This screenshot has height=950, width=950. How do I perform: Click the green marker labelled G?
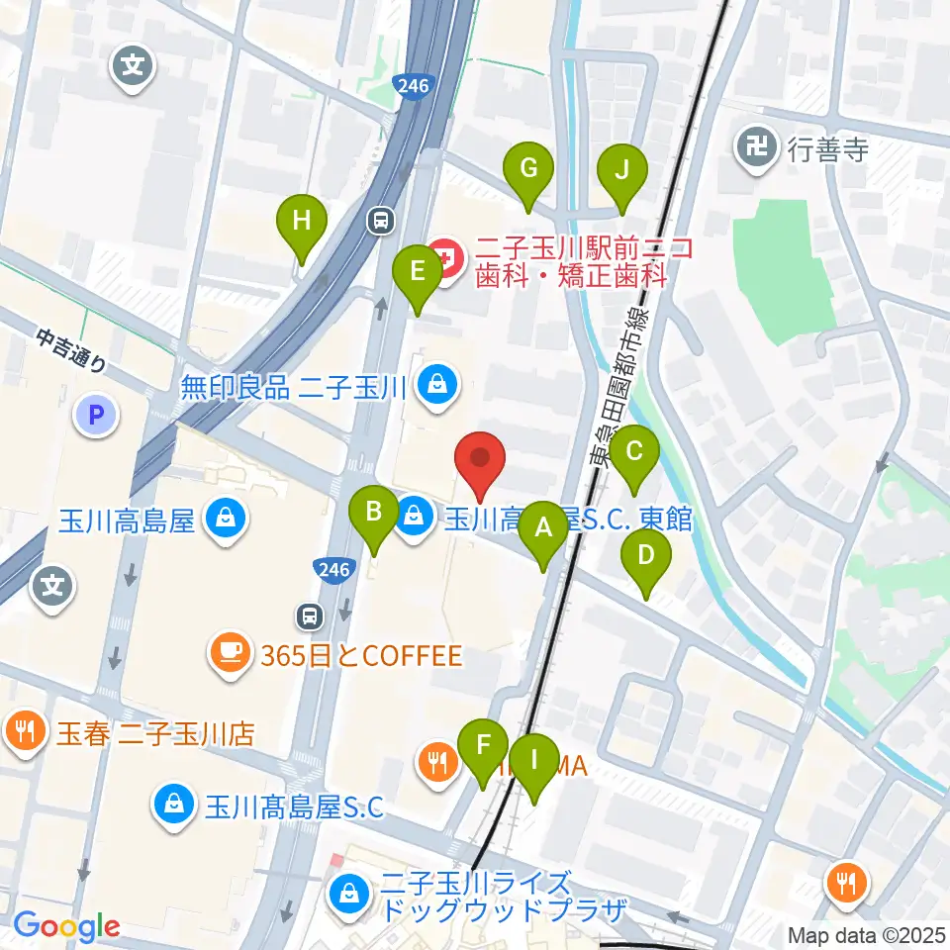click(528, 168)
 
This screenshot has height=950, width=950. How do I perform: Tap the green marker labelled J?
click(621, 168)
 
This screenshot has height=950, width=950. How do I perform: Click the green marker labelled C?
click(633, 452)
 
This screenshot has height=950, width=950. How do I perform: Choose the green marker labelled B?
click(374, 513)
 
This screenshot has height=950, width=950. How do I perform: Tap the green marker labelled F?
click(483, 745)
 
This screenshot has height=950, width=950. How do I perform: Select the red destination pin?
click(480, 459)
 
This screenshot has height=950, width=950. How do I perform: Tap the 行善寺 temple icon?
click(759, 149)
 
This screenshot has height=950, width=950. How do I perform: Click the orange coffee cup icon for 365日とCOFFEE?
click(231, 654)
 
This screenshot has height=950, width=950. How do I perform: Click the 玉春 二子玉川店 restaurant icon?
click(24, 734)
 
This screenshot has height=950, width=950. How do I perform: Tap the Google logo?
click(66, 927)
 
